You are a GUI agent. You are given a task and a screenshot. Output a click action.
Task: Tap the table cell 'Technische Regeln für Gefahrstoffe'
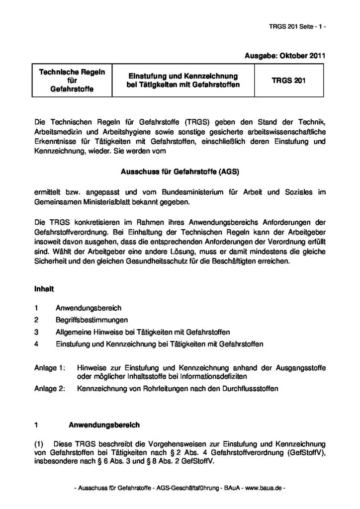tap(72, 80)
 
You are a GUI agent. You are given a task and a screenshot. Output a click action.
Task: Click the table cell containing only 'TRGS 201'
tap(288, 80)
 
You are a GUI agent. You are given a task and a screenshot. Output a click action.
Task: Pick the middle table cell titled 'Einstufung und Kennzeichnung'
tap(183, 80)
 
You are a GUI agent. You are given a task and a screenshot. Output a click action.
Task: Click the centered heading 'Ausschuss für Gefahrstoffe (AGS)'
tap(180, 171)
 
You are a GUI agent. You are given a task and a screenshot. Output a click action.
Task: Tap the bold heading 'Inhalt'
tap(44, 288)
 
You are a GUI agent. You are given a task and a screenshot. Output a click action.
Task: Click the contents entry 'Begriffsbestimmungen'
tap(92, 320)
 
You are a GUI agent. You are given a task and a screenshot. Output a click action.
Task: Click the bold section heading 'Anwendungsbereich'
tap(104, 425)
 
